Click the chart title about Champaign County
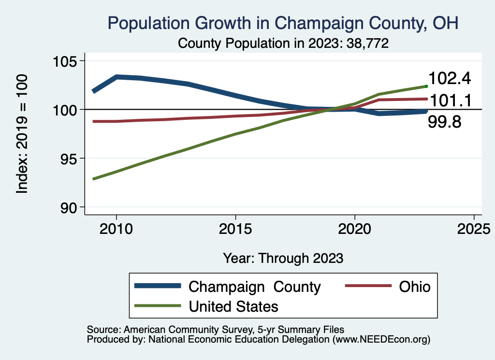[283, 23]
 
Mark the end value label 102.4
[450, 78]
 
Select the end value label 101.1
[450, 101]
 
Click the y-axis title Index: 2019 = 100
[22, 134]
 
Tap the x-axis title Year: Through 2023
[283, 258]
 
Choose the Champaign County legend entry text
[254, 287]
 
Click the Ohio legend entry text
[414, 287]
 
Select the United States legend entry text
[233, 306]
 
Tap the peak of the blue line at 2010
[116, 77]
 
